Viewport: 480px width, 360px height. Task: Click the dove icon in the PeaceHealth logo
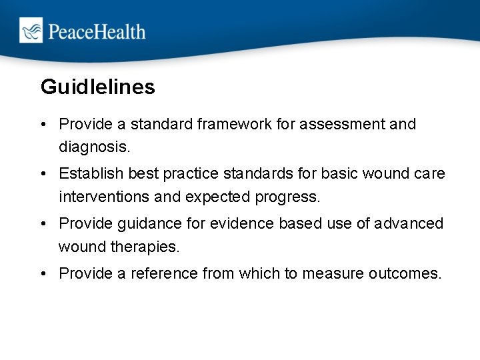click(x=31, y=31)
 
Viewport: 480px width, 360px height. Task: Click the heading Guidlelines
click(x=97, y=87)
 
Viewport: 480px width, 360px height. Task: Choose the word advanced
click(x=411, y=223)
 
